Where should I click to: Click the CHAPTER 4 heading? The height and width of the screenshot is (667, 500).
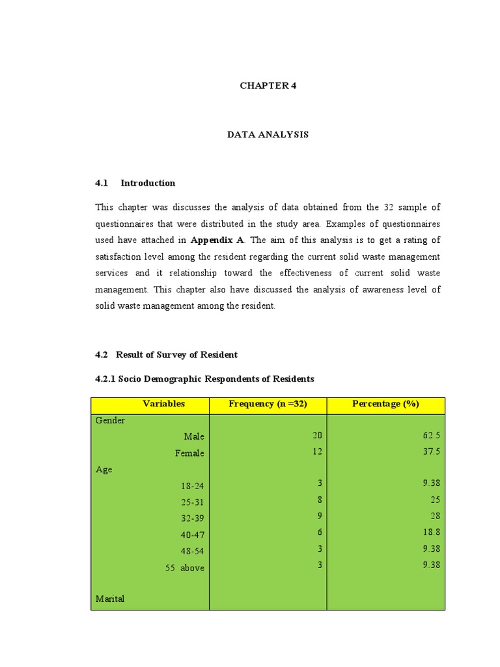tap(268, 85)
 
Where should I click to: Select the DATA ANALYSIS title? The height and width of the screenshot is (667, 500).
tap(268, 134)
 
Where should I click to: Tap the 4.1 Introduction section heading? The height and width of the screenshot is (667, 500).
tap(135, 183)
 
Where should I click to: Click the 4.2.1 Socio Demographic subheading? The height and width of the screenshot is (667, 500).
tap(204, 378)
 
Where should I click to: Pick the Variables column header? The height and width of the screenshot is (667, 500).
tap(163, 404)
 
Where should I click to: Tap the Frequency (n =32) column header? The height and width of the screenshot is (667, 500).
tap(268, 404)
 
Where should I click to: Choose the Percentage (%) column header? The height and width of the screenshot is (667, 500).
tap(385, 404)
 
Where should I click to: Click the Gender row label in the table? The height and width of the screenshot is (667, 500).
tap(111, 421)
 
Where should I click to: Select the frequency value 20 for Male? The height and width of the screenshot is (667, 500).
tap(317, 435)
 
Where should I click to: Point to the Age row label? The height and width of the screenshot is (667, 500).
tap(104, 470)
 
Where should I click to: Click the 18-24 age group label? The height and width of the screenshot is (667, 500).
tap(193, 486)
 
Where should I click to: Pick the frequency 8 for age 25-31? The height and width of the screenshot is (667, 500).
tap(320, 500)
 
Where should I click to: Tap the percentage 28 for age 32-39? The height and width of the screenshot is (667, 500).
tap(436, 516)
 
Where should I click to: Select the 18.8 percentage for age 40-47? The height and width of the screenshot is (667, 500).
tap(432, 532)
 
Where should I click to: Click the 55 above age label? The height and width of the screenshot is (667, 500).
tap(184, 568)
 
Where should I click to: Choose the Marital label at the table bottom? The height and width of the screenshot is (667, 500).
tap(110, 599)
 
